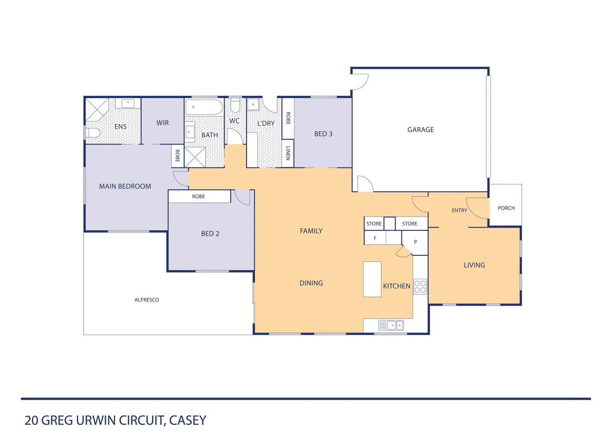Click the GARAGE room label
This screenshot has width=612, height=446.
tap(421, 130)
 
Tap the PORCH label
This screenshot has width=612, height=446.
tap(506, 208)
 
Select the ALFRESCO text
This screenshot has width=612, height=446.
tap(146, 300)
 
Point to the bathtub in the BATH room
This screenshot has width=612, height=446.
tap(204, 107)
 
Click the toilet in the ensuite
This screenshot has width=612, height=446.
tap(93, 133)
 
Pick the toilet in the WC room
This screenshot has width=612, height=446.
tap(235, 105)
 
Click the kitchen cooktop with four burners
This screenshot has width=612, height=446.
tap(420, 287)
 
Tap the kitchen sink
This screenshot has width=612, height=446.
tap(391, 325)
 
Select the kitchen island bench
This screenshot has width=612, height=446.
tap(372, 279)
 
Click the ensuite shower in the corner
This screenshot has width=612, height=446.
tap(97, 109)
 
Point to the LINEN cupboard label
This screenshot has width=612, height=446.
tap(288, 153)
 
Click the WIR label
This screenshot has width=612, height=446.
tap(163, 123)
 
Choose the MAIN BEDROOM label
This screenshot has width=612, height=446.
tap(125, 186)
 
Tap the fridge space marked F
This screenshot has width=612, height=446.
tap(375, 238)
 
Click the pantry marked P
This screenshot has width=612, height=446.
tap(415, 242)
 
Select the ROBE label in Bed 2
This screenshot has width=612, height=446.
tap(198, 197)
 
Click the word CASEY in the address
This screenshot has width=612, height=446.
tap(187, 420)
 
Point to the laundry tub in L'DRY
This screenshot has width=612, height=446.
tap(253, 104)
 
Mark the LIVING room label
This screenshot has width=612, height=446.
tap(474, 265)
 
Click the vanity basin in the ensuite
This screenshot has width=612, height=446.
tap(128, 103)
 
